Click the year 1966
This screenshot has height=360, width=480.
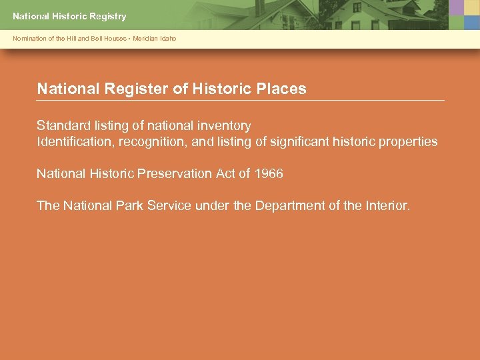coord(269,174)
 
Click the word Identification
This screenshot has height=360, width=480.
coord(75,141)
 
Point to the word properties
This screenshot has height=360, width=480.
coord(407,141)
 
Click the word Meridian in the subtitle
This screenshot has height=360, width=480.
coord(145,39)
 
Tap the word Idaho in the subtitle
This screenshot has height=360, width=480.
coord(169,39)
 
